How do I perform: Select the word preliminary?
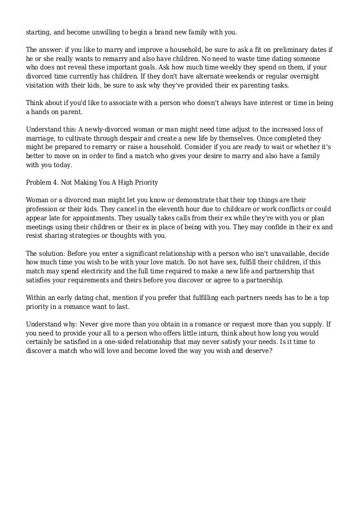[277, 50]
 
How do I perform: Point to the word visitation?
[42, 85]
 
